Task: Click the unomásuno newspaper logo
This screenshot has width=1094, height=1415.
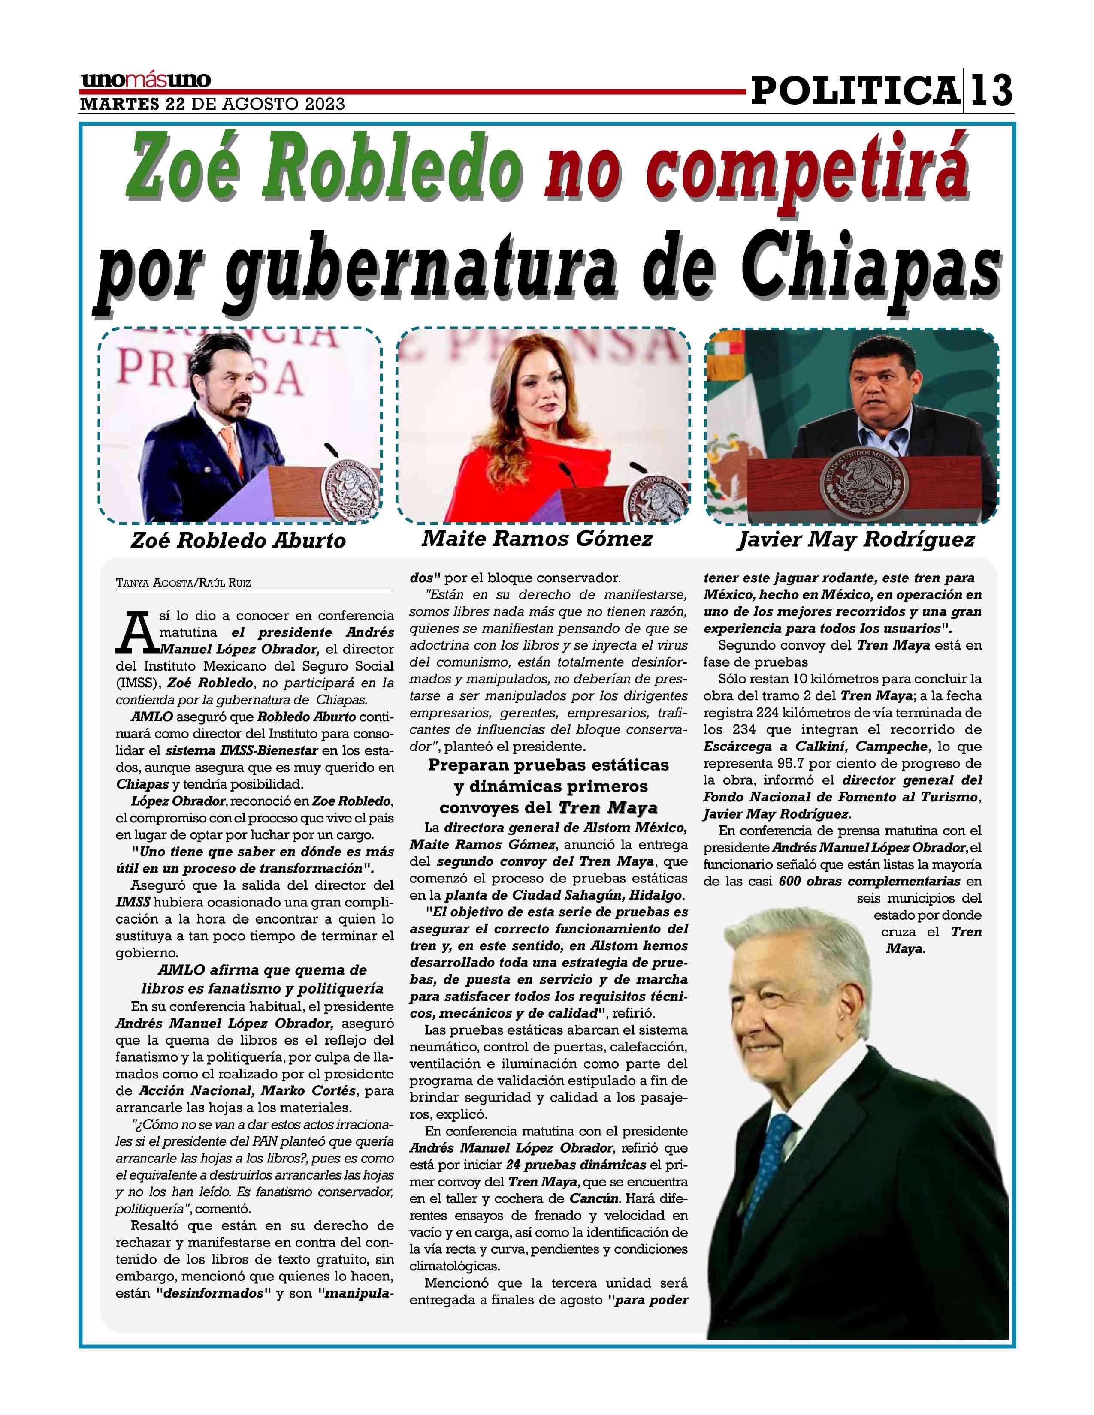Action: pyautogui.click(x=146, y=81)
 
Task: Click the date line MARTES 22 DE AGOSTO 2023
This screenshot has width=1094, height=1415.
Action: pyautogui.click(x=212, y=104)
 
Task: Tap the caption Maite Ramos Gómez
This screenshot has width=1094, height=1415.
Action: pyautogui.click(x=537, y=539)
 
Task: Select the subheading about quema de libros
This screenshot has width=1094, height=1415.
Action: pyautogui.click(x=262, y=979)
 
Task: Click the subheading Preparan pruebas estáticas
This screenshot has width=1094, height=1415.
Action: pyautogui.click(x=548, y=765)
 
